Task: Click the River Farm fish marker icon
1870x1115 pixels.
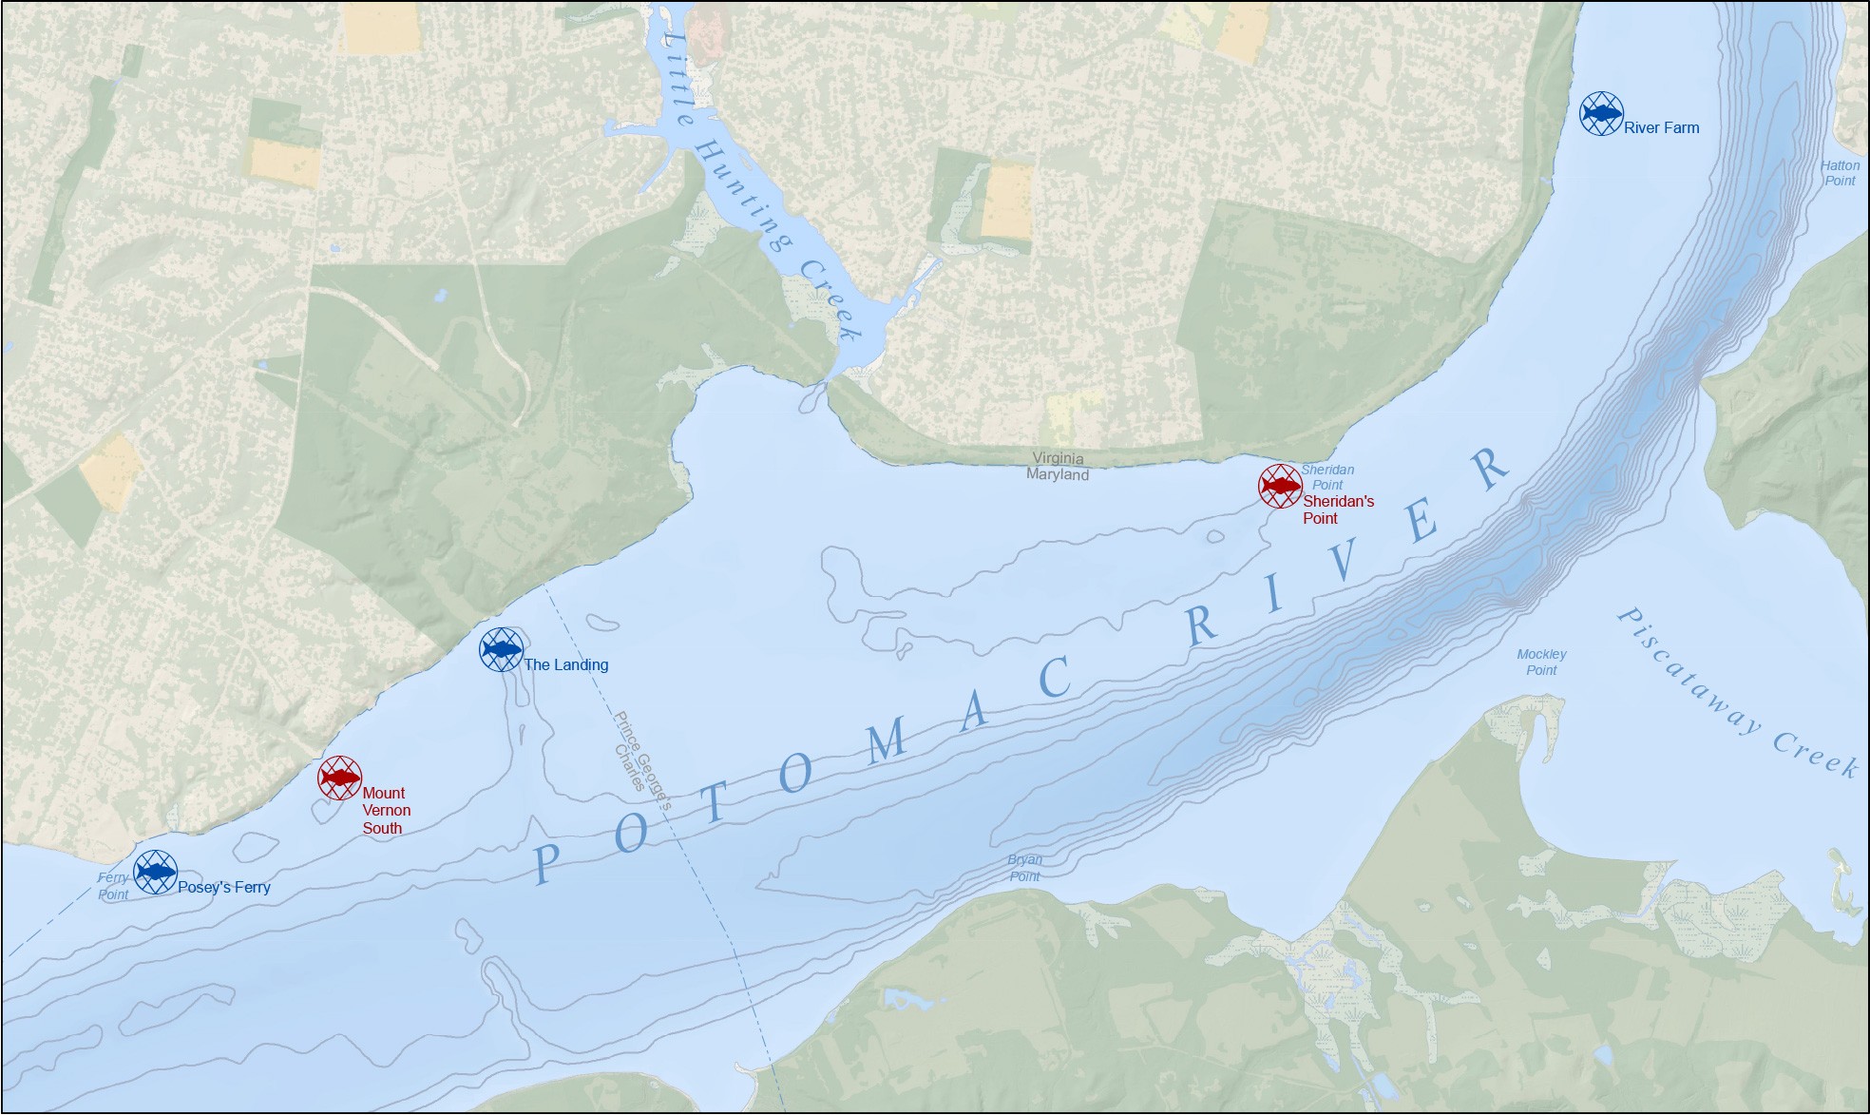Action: [1601, 114]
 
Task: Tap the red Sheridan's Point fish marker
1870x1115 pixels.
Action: [1280, 486]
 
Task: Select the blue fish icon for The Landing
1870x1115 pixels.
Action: [501, 650]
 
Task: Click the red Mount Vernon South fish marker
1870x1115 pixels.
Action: [339, 779]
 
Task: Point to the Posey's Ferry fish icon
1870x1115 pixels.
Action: [155, 872]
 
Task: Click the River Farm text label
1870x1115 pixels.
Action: [1661, 127]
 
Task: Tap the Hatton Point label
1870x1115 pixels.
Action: [1840, 173]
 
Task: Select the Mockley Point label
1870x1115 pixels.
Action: [1541, 662]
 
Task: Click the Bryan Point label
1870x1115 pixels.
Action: [1024, 868]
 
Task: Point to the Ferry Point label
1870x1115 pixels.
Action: [113, 886]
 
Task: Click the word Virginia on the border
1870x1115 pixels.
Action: [1058, 458]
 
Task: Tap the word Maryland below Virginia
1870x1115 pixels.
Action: [1058, 474]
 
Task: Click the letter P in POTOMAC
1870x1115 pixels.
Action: [544, 863]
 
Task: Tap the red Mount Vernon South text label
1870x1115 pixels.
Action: [386, 810]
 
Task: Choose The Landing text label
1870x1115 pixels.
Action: [565, 664]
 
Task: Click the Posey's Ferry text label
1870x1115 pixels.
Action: [224, 888]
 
